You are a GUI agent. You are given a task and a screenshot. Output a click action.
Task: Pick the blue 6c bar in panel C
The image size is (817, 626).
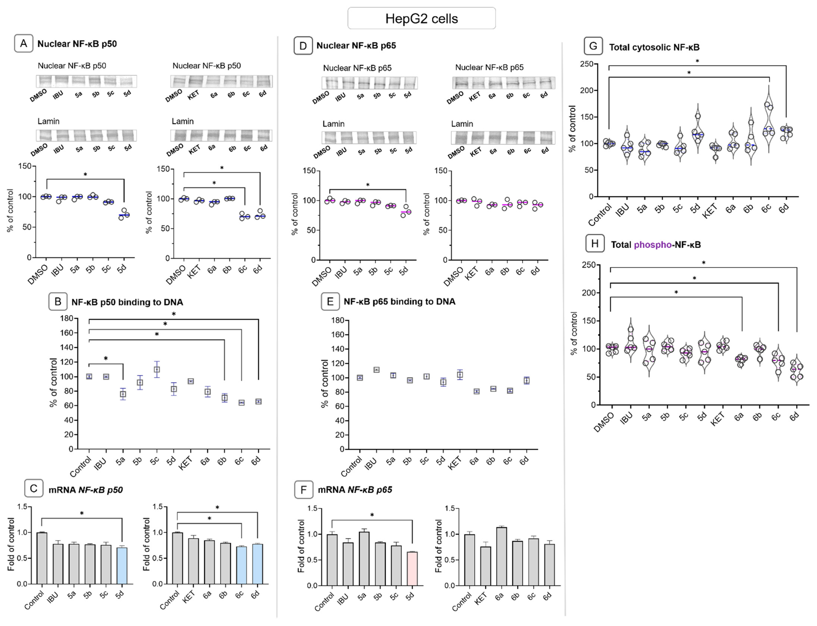(x=241, y=565)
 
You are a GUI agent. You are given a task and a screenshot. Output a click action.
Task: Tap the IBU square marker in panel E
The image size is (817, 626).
(x=377, y=370)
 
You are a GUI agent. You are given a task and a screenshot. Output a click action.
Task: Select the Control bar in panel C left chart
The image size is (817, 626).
(x=42, y=558)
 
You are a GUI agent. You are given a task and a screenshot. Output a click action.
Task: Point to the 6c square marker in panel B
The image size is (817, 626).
(x=242, y=402)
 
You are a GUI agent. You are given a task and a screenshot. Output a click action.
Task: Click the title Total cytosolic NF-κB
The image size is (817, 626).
(x=654, y=47)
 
